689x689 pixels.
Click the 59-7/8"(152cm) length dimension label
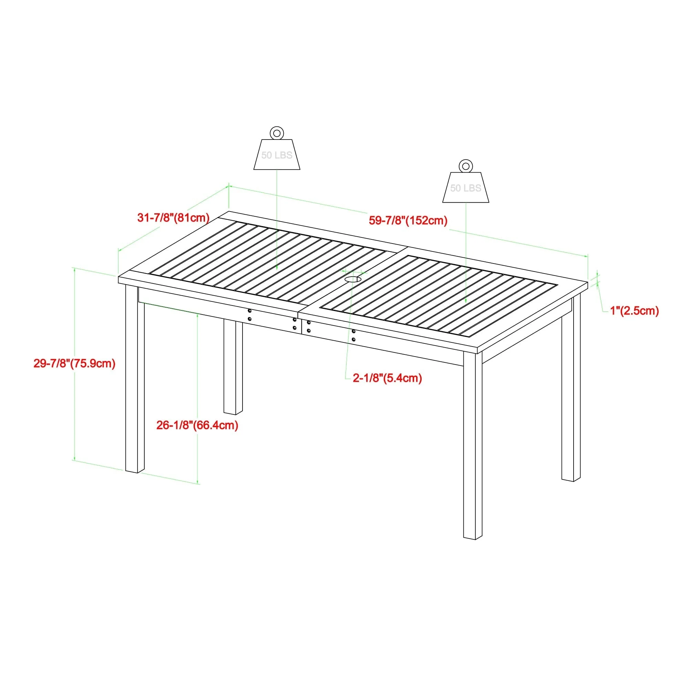coord(408,220)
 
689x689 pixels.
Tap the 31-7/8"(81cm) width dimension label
coord(173,217)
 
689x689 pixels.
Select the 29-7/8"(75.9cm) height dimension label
coord(74,363)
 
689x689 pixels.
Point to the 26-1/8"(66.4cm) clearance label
coord(197,425)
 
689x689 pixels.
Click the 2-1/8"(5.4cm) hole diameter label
coord(387,378)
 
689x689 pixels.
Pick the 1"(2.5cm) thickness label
coord(635,311)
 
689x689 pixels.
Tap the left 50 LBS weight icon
coord(277,154)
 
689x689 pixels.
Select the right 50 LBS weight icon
coord(465,188)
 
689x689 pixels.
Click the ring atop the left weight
coord(277,133)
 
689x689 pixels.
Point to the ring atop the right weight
coord(465,166)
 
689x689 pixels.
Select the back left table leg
coord(233,367)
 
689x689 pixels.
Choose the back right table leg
coord(571,392)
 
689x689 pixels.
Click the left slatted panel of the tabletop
coord(264,260)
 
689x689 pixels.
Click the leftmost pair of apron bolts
coord(250,315)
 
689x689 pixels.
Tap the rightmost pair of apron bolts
coord(353,336)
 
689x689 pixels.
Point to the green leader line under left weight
coord(277,221)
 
